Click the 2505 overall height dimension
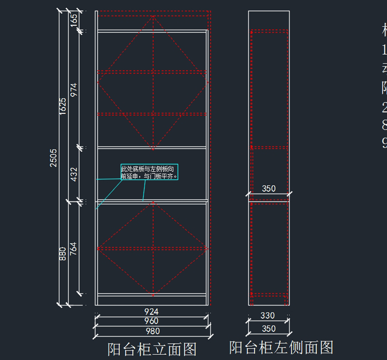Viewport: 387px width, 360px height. [54, 158]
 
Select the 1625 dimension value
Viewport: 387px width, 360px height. [63, 106]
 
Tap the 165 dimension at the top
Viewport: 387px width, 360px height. [74, 20]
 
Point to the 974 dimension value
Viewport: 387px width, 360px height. [74, 90]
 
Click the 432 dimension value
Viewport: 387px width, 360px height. [74, 174]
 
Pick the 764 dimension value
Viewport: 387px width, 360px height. [74, 248]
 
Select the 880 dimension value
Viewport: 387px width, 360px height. [63, 254]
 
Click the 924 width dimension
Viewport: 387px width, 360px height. [151, 312]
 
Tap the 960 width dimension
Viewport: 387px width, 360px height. [151, 321]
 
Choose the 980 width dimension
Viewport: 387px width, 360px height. [153, 331]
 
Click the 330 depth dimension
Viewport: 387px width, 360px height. [267, 316]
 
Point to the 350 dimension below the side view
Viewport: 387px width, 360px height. [269, 329]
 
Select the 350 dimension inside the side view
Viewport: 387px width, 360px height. [269, 189]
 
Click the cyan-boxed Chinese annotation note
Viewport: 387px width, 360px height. [149, 172]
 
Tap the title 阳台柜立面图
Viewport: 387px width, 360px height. [152, 349]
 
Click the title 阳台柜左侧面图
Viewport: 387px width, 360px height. [281, 347]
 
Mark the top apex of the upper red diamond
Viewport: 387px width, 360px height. [153, 16]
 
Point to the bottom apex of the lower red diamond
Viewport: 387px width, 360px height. [153, 295]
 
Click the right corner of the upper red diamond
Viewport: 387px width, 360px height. [208, 83]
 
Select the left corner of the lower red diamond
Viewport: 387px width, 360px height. [98, 248]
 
